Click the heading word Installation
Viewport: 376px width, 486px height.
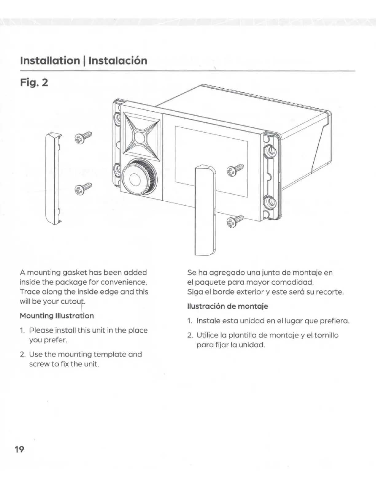(49, 60)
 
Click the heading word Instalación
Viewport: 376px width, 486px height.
(118, 60)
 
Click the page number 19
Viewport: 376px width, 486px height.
(19, 449)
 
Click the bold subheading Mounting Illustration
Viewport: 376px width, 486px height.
(57, 316)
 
